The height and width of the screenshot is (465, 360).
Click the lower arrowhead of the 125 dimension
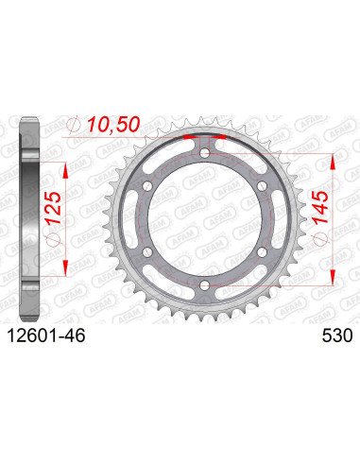coord(66,259)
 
